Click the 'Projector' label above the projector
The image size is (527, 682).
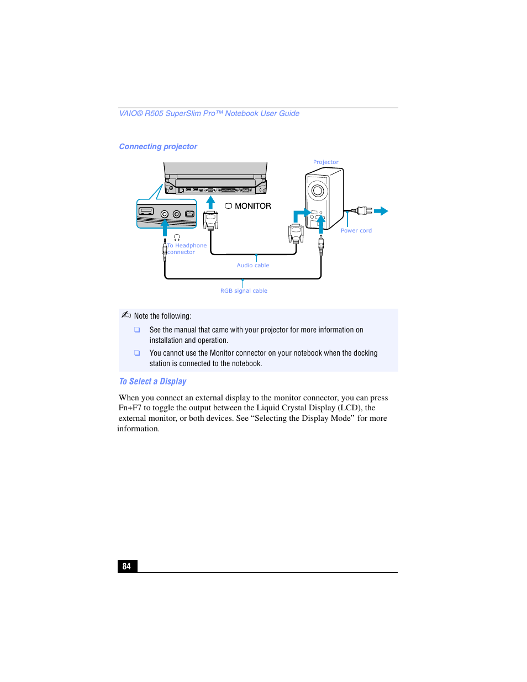click(x=325, y=162)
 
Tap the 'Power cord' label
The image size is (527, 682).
click(x=356, y=231)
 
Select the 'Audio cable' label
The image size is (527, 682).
click(x=253, y=266)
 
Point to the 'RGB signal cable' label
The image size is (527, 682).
click(x=244, y=291)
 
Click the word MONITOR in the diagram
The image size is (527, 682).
click(x=252, y=206)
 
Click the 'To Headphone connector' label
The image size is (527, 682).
click(x=187, y=249)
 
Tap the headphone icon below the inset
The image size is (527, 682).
click(x=177, y=237)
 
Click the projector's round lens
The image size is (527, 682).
click(x=317, y=191)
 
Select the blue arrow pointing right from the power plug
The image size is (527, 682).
click(x=381, y=211)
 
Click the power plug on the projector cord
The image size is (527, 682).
click(x=362, y=210)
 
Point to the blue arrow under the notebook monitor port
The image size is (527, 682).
click(x=210, y=202)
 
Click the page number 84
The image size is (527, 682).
click(x=127, y=566)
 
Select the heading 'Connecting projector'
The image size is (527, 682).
click(x=158, y=147)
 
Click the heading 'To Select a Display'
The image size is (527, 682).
click(x=153, y=382)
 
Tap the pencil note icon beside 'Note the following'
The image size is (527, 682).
click(x=126, y=315)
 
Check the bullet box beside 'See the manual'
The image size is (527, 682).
click(x=137, y=330)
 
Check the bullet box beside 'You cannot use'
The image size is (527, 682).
click(x=137, y=353)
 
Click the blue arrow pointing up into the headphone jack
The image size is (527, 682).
click(x=165, y=227)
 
